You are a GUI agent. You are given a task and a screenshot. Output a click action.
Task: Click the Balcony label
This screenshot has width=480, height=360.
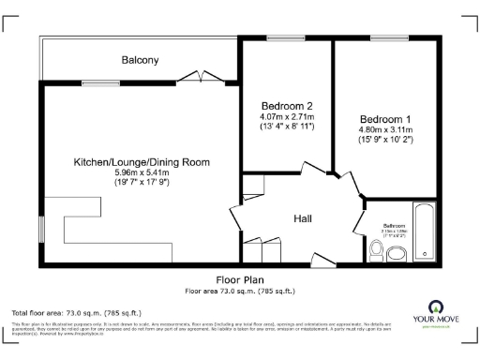140,60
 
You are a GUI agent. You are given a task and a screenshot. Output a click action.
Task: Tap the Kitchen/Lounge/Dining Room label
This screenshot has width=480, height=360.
142,162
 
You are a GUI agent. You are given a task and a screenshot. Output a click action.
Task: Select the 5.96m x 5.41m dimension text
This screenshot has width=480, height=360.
142,173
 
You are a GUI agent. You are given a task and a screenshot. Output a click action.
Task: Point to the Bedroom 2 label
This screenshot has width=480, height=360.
287,105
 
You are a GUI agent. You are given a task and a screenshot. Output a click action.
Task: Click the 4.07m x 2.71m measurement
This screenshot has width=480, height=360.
287,116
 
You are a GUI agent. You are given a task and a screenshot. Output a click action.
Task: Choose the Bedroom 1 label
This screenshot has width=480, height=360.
385,119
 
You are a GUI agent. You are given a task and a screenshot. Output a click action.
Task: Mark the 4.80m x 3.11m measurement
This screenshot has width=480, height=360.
385,130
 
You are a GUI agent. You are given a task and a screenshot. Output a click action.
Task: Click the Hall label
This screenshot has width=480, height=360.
303,218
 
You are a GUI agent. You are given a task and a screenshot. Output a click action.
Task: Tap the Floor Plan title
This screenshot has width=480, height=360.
240,279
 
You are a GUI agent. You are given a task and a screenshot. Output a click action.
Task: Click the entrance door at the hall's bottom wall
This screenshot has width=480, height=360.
322,258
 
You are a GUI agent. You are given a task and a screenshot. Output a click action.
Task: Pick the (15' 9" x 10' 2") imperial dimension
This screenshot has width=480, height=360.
385,142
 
